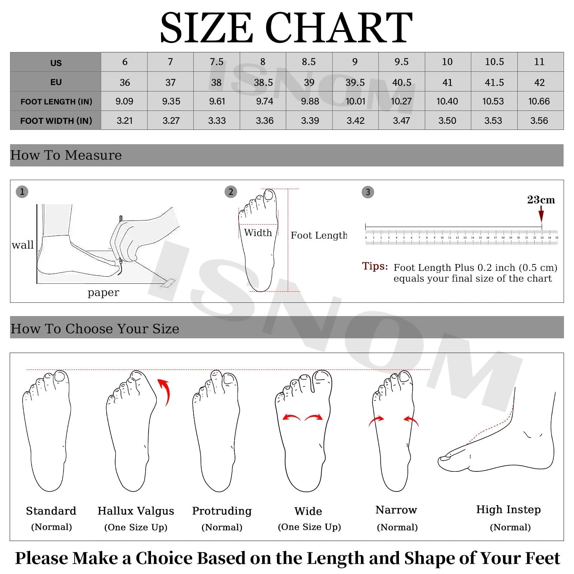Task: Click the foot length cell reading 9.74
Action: click(x=264, y=102)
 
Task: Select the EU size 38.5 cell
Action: click(x=263, y=83)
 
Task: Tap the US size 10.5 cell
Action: click(x=494, y=62)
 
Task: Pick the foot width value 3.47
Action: click(x=401, y=121)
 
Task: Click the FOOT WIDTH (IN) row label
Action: click(x=56, y=121)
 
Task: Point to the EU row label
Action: click(x=56, y=82)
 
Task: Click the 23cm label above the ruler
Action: click(x=541, y=200)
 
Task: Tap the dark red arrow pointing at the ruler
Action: click(x=541, y=215)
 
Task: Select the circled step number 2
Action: click(x=231, y=192)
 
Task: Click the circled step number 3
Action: click(x=368, y=192)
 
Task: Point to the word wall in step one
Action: click(x=23, y=245)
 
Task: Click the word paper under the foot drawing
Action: click(x=103, y=292)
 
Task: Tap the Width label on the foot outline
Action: click(x=258, y=233)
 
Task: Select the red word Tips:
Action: click(x=375, y=266)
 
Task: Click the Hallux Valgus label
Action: click(x=136, y=511)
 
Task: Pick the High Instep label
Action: click(x=508, y=509)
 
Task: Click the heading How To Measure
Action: click(x=66, y=155)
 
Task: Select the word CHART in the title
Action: click(x=338, y=28)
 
